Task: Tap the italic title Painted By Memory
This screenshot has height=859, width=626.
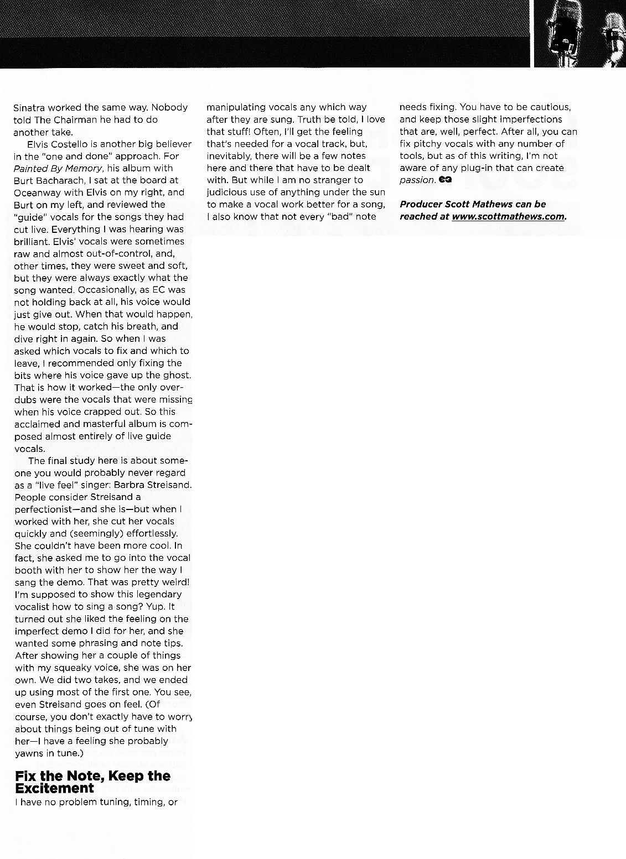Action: click(58, 168)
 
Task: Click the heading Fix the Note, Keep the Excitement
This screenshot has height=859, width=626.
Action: click(92, 782)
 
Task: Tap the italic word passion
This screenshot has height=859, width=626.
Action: click(417, 180)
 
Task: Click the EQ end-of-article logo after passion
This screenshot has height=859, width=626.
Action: click(445, 180)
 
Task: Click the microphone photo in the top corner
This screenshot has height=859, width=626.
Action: click(580, 33)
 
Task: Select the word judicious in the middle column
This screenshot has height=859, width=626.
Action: click(229, 192)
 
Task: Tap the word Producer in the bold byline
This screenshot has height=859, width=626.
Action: click(421, 205)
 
